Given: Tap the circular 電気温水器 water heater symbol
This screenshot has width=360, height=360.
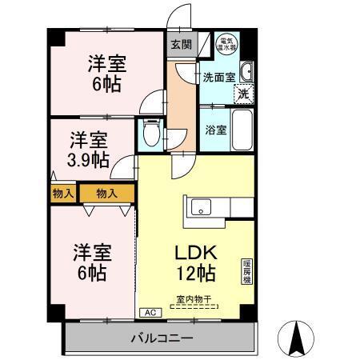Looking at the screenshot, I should pos(227,45).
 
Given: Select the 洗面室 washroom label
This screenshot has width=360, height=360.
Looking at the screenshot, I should pos(219,78).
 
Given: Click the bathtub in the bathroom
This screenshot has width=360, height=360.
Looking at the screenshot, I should pos(242,129).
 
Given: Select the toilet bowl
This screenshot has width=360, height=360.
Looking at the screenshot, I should pos(150,132).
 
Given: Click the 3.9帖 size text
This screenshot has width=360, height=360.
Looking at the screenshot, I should pos(89,158).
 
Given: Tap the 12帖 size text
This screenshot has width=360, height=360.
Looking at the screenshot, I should pos(196,273).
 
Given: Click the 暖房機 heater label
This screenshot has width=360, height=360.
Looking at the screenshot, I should pos(246,272).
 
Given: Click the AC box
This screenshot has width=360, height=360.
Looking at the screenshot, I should pos(148,313).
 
